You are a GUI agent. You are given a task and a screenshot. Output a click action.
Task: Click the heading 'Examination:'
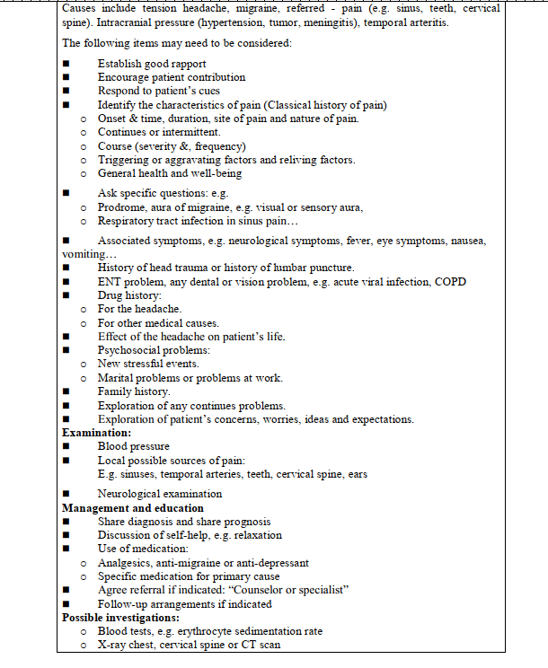[98, 433]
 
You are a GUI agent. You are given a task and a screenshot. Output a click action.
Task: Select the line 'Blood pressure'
[133, 446]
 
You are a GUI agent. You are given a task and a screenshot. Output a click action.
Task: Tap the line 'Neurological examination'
[160, 494]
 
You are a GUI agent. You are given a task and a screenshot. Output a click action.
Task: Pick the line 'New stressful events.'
[148, 364]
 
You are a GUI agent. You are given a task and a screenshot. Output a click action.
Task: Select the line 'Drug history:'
[129, 295]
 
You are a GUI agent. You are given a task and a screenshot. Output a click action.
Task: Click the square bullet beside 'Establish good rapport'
[66, 64]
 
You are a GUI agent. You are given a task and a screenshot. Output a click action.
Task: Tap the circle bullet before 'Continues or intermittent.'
[83, 133]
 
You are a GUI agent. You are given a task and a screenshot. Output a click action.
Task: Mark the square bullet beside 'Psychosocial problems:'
[66, 350]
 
